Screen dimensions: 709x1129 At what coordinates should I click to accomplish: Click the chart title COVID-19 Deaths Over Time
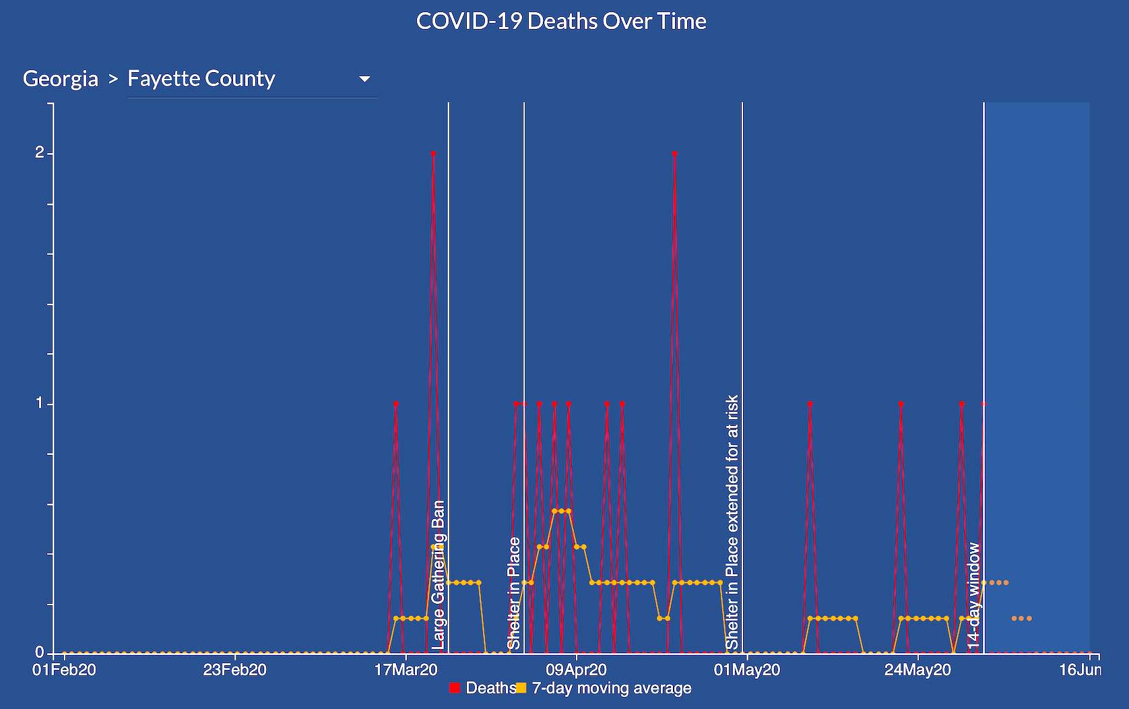click(561, 21)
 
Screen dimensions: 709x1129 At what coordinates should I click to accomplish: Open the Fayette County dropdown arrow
click(364, 79)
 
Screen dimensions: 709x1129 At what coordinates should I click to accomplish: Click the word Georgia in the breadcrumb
click(61, 79)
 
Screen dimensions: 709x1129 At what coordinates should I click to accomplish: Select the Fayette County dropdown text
click(201, 79)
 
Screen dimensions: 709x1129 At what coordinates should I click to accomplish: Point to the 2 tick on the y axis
click(40, 153)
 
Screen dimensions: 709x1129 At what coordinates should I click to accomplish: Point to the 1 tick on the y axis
click(40, 403)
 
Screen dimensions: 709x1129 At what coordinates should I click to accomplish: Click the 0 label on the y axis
click(40, 652)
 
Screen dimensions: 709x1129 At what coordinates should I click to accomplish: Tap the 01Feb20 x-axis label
click(64, 670)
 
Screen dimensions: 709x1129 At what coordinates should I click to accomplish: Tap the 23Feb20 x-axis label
click(234, 670)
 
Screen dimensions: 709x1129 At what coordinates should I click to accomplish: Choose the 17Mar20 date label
click(406, 670)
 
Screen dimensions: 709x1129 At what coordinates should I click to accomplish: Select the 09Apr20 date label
click(576, 670)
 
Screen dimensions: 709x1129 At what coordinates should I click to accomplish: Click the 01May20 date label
click(747, 670)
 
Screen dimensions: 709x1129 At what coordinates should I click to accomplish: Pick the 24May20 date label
click(917, 670)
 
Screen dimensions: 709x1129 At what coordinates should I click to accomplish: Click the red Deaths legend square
click(455, 688)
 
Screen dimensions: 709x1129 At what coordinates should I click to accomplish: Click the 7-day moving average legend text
click(612, 688)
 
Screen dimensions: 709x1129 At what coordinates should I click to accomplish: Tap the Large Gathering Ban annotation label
click(439, 574)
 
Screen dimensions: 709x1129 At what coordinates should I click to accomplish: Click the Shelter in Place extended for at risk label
click(732, 522)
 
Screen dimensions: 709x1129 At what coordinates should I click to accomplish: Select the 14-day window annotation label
click(974, 595)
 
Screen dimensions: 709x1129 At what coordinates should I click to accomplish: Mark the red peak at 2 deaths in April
click(674, 154)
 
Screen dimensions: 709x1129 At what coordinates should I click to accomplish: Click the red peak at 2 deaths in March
click(433, 154)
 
